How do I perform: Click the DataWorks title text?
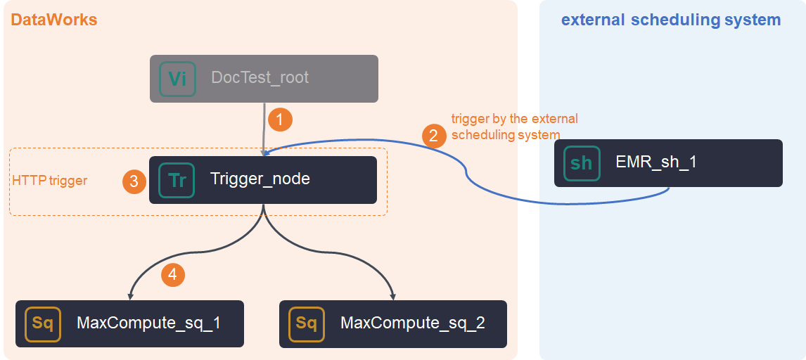tap(54, 20)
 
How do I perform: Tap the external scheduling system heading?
tap(670, 20)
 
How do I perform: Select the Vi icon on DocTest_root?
tap(177, 78)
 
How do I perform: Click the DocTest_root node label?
tap(260, 77)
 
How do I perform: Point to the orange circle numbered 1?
tap(280, 120)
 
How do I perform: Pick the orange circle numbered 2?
tap(433, 135)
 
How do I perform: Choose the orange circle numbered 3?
tap(134, 181)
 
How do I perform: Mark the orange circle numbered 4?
tap(173, 274)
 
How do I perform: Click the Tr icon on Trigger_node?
tap(177, 180)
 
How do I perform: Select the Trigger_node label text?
tap(260, 179)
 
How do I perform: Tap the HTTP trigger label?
tap(50, 181)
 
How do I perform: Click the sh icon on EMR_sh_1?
tap(582, 163)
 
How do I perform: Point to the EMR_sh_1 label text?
tap(656, 162)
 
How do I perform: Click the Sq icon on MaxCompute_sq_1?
tap(43, 323)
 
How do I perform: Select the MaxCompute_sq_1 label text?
tap(148, 323)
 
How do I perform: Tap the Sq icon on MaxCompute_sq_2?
tap(307, 323)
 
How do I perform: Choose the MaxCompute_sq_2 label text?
tap(413, 323)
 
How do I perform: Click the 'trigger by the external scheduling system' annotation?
tap(514, 127)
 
